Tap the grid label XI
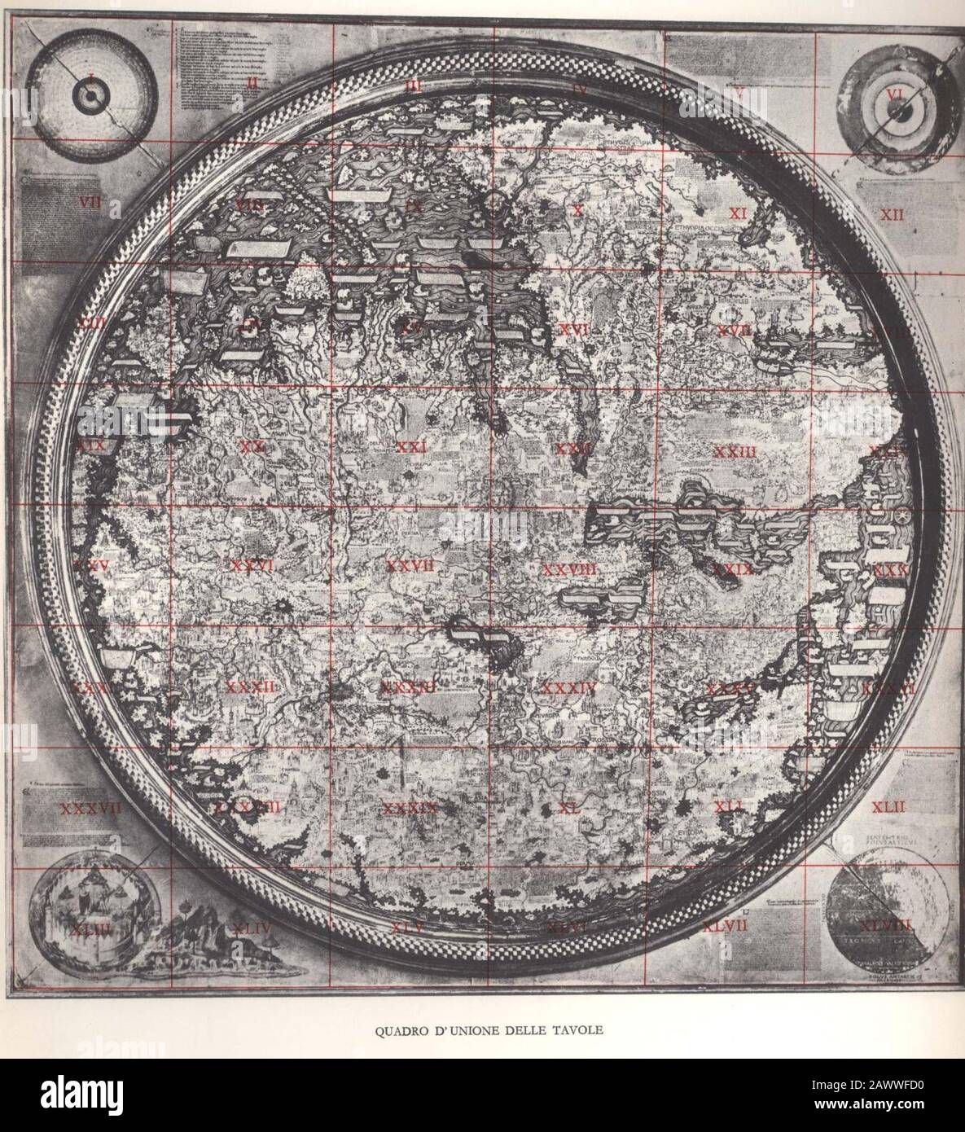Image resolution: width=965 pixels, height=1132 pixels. coord(738,213)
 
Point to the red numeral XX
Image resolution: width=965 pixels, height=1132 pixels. coord(252,445)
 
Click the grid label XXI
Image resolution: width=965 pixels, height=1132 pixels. coord(412,446)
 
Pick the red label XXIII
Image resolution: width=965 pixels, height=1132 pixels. coord(735,451)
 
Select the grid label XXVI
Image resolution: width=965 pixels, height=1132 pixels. coord(251,564)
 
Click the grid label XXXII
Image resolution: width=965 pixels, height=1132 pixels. coord(251,687)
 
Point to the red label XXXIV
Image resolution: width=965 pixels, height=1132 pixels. coord(569,688)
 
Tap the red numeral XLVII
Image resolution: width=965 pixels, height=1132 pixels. coord(726,926)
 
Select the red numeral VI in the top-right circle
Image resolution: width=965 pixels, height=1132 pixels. coord(895,94)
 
